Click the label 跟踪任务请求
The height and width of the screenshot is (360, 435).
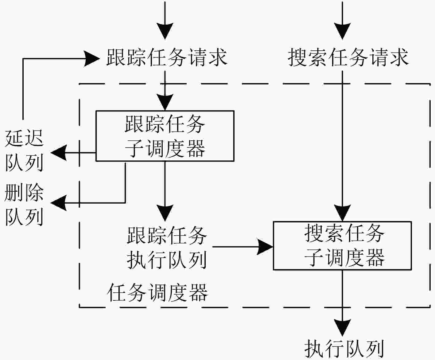tap(167, 57)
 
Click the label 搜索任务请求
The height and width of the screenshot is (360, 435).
tap(348, 57)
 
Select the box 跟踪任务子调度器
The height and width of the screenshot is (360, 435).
tap(165, 136)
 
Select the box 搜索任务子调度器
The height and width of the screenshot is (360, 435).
tap(342, 245)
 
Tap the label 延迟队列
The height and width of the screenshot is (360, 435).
tap(24, 151)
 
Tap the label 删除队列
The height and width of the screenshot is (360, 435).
tap(24, 205)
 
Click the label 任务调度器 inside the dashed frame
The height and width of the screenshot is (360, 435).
tap(158, 292)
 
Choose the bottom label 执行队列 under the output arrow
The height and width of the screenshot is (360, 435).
tap(344, 349)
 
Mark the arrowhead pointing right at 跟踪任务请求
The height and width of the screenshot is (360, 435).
tap(92, 59)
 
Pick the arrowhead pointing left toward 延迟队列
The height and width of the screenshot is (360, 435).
tap(59, 153)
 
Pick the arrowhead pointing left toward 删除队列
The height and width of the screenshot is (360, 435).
tap(59, 203)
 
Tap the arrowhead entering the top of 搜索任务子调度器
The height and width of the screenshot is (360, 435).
tap(342, 213)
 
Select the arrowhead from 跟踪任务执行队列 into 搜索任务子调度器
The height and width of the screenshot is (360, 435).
tap(265, 247)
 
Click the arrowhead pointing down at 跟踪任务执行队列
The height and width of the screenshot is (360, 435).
tap(165, 213)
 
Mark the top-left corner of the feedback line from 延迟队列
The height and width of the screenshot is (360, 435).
tap(23, 59)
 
